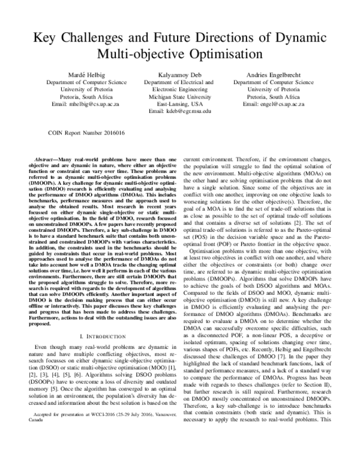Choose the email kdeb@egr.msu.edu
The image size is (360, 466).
[179, 111]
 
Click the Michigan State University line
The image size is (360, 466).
[179, 96]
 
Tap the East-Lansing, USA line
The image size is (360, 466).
[179, 103]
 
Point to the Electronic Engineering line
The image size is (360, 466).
[179, 89]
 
